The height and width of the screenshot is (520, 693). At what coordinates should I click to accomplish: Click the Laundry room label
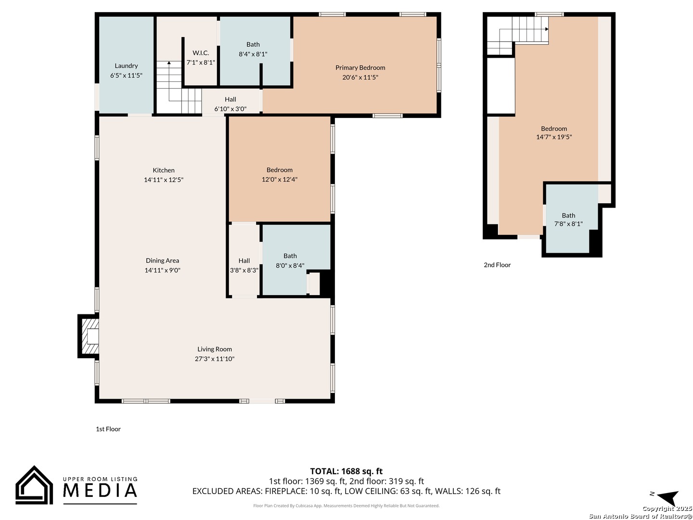click(126, 65)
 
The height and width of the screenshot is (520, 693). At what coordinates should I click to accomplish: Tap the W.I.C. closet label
click(201, 53)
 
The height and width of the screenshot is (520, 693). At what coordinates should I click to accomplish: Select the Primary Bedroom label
click(360, 67)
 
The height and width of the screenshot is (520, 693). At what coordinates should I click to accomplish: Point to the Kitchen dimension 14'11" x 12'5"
click(164, 180)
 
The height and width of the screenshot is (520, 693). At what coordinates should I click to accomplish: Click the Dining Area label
click(162, 260)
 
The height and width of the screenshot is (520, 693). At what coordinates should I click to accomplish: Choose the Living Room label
click(214, 349)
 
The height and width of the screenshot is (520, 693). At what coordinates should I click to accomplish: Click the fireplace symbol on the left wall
click(89, 336)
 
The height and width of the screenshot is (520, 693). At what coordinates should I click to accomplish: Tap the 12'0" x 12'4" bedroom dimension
click(280, 179)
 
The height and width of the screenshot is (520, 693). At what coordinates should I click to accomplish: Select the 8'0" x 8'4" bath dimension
click(290, 265)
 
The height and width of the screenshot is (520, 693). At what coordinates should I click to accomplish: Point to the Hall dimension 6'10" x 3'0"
click(230, 109)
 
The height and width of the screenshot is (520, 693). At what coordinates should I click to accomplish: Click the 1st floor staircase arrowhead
click(169, 63)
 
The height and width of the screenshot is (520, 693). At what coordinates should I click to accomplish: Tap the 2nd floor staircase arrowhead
click(547, 29)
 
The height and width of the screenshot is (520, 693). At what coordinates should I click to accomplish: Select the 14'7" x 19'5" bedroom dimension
click(554, 137)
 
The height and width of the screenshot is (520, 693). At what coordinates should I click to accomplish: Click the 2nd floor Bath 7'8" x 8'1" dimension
click(568, 224)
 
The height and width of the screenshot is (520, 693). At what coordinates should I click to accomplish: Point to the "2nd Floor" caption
click(497, 265)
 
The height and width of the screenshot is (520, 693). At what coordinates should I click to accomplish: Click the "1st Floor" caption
click(108, 429)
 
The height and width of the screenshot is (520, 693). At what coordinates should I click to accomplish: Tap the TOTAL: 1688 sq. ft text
click(346, 471)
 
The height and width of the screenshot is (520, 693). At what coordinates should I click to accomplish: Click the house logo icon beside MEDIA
click(34, 485)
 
